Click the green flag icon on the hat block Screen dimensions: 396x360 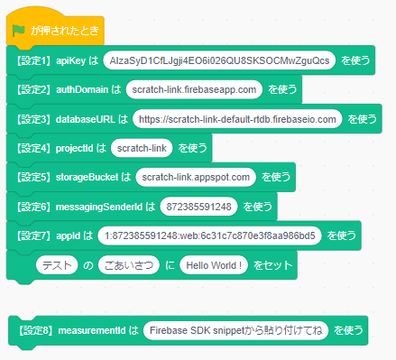[x=19, y=30]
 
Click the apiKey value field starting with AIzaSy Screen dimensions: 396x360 [x=219, y=60]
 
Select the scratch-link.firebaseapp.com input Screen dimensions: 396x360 [x=194, y=89]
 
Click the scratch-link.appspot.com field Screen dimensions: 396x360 [x=198, y=177]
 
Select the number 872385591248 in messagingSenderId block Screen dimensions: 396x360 [x=199, y=207]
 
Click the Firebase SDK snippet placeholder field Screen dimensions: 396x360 [x=235, y=331]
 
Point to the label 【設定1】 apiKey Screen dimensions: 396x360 [x=51, y=60]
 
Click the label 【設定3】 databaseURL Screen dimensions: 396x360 [x=65, y=119]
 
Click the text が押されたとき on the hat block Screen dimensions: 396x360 [x=64, y=30]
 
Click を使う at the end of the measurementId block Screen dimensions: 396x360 [x=349, y=331]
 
